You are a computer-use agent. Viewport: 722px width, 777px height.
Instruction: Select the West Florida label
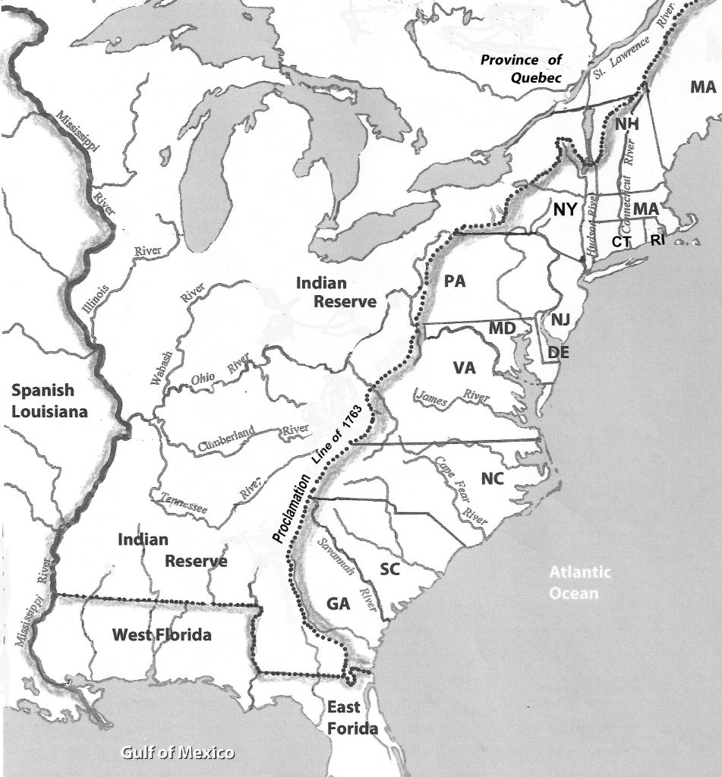click(x=161, y=634)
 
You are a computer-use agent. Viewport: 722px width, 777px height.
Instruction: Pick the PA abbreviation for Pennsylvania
click(x=454, y=282)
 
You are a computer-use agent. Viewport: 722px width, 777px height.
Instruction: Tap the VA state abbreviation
click(x=464, y=368)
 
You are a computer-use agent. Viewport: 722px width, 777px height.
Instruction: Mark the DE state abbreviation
click(x=558, y=352)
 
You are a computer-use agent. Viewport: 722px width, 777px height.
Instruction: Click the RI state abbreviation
click(x=658, y=241)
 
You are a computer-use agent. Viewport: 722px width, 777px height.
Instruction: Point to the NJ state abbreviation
click(x=560, y=320)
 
